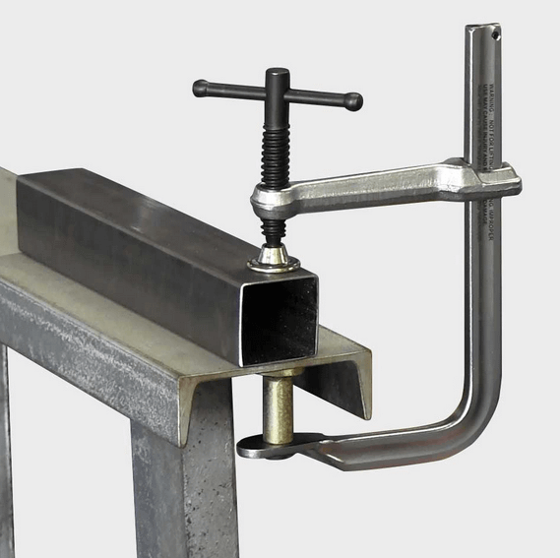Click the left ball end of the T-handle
click(200, 89)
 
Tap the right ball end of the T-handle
click(355, 100)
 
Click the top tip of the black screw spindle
click(278, 73)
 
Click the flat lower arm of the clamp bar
click(384, 449)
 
